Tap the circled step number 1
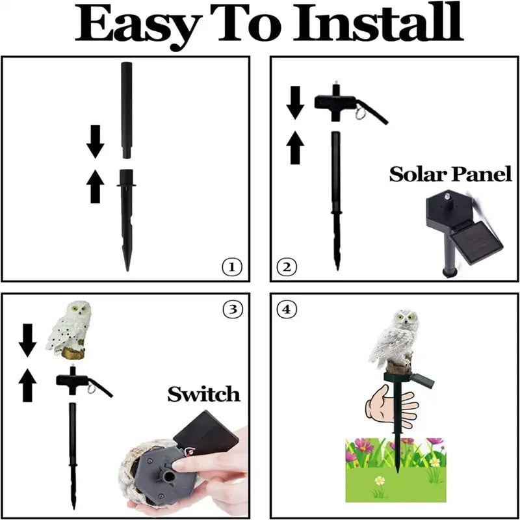[x=231, y=266]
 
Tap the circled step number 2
[x=287, y=266]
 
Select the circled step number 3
[x=231, y=309]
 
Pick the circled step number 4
[x=286, y=309]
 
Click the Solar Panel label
[x=450, y=174]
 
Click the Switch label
[x=203, y=394]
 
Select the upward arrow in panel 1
[x=96, y=187]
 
